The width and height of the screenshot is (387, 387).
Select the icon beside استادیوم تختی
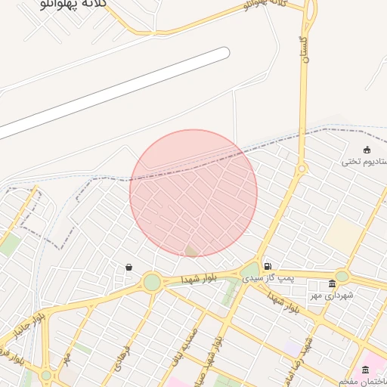click(367, 149)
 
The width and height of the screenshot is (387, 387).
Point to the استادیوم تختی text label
click(364, 161)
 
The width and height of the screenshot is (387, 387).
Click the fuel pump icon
click(268, 266)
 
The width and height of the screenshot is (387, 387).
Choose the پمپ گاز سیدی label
click(267, 279)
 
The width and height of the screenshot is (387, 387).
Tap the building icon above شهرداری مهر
click(332, 283)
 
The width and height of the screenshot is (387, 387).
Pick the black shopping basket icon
click(129, 267)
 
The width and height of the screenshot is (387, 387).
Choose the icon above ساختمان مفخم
click(366, 370)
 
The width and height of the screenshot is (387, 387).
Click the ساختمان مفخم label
click(362, 382)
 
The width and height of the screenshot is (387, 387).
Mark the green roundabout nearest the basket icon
click(152, 283)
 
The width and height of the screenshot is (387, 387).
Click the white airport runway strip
click(113, 94)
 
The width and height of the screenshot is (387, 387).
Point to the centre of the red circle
click(193, 193)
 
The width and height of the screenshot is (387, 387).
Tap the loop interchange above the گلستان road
click(311, 9)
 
